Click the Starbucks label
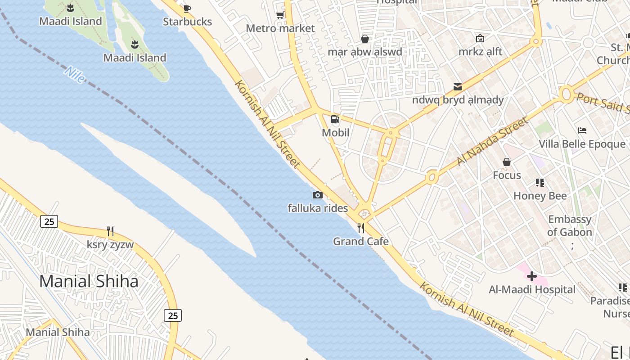pos(187,22)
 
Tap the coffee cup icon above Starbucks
pos(187,8)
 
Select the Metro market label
pos(280,28)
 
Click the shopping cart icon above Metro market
pos(280,15)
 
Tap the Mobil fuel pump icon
pos(335,119)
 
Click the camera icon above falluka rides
pos(318,195)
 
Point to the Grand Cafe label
pos(361,242)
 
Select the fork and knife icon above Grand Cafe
pos(361,228)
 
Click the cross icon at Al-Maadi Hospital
pos(532,276)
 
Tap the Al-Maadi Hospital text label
pos(532,289)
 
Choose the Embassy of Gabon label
pos(570,226)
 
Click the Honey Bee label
pos(540,196)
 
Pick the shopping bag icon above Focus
pos(507,162)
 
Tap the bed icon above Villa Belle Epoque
pos(582,130)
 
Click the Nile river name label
pos(75,75)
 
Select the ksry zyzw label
pos(110,245)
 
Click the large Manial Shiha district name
pos(89,281)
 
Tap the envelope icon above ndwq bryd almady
pos(458,86)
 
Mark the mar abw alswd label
pos(365,52)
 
